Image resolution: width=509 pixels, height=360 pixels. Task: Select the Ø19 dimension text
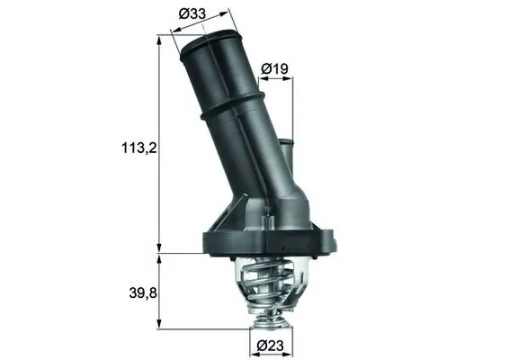[x=274, y=68]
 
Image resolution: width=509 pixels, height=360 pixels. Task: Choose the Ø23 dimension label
[x=271, y=345]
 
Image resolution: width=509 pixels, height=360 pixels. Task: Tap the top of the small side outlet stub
[x=285, y=141]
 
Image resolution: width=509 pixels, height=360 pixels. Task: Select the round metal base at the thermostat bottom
[x=269, y=316]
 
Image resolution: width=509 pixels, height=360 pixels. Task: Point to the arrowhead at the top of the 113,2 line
[x=160, y=39]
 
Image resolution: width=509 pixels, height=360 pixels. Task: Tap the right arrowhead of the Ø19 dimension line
[x=290, y=79]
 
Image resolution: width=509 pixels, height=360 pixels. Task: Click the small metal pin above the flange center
[x=268, y=213]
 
